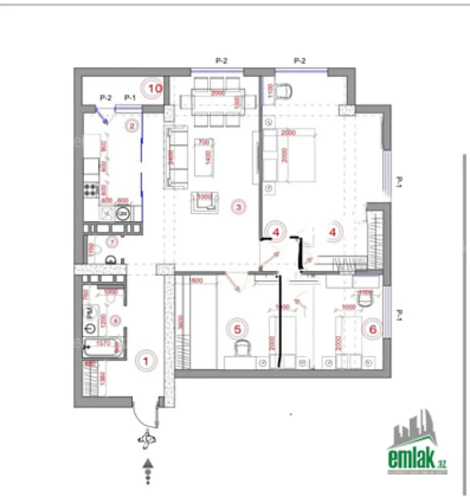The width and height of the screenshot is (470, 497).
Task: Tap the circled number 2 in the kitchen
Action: pyautogui.click(x=131, y=126)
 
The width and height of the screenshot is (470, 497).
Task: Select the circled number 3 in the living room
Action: pyautogui.click(x=237, y=206)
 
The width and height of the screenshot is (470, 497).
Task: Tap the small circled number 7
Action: pyautogui.click(x=113, y=241)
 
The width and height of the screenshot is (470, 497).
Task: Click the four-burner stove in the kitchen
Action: pyautogui.click(x=91, y=189)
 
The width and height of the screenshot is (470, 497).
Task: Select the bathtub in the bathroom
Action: pyautogui.click(x=103, y=346)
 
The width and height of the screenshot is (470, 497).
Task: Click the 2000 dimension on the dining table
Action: pyautogui.click(x=218, y=93)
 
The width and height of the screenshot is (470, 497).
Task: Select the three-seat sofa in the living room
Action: pyautogui.click(x=177, y=157)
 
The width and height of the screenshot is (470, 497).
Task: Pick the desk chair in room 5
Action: pyautogui.click(x=241, y=348)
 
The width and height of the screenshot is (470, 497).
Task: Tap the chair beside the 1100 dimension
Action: pyautogui.click(x=285, y=92)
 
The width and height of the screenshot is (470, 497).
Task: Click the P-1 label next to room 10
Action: pyautogui.click(x=129, y=98)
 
